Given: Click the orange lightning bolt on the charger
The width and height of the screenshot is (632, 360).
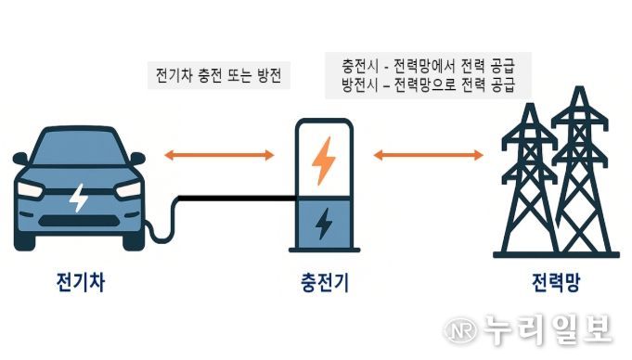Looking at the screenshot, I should click(323, 160).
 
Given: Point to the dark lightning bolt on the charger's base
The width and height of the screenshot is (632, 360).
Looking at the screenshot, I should click(323, 224).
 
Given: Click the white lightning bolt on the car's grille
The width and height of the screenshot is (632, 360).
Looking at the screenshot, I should click(80, 197).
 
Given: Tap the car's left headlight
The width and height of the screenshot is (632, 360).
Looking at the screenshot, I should click(32, 189).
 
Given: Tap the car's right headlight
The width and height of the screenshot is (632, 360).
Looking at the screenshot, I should click(128, 189).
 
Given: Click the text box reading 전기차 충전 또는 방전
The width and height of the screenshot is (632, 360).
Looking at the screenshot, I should click(219, 75).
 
